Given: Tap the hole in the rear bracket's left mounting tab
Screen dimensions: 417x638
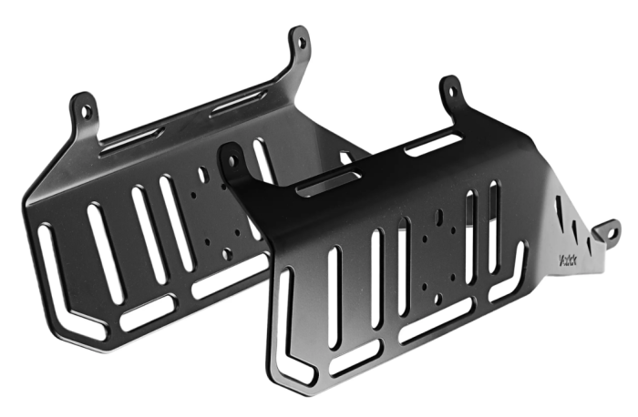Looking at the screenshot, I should pyautogui.click(x=86, y=111).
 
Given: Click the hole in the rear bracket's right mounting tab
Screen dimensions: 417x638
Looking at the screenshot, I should pyautogui.click(x=297, y=41).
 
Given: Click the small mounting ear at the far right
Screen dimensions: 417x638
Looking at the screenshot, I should pyautogui.click(x=605, y=233).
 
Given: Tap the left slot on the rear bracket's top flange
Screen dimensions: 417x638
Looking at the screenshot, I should pyautogui.click(x=131, y=139).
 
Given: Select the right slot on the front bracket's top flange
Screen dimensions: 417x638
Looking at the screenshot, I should pyautogui.click(x=432, y=142).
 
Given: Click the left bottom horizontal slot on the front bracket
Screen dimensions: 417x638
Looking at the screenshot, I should pyautogui.click(x=355, y=358).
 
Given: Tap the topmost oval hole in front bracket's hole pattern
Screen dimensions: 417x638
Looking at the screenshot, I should pyautogui.click(x=438, y=218).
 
